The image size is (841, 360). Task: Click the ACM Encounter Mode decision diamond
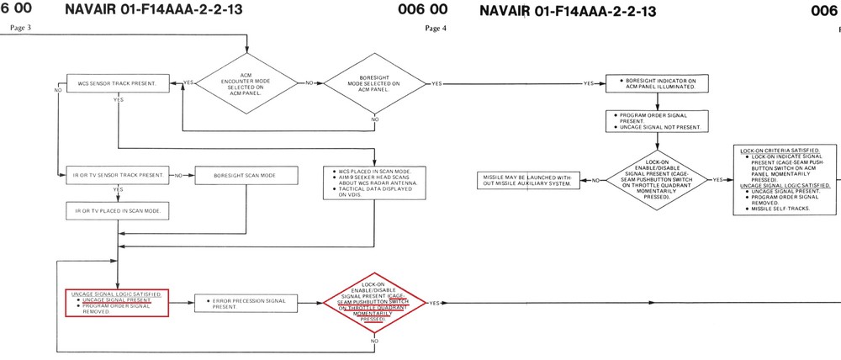click(x=247, y=82)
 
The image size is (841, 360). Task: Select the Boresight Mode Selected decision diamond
click(x=373, y=83)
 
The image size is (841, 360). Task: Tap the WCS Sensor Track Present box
click(x=117, y=84)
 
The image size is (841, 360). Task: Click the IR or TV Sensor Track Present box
click(x=117, y=176)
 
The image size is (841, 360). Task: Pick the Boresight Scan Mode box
click(x=246, y=176)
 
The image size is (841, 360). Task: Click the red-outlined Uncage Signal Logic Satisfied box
click(x=117, y=302)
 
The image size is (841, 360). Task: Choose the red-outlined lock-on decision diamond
click(x=374, y=302)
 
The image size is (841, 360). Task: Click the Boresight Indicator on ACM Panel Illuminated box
click(x=656, y=83)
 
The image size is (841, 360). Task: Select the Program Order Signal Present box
click(x=656, y=121)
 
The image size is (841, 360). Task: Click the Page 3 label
click(x=20, y=28)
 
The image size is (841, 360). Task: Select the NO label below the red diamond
click(x=374, y=341)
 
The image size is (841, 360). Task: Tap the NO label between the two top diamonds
click(x=309, y=83)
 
